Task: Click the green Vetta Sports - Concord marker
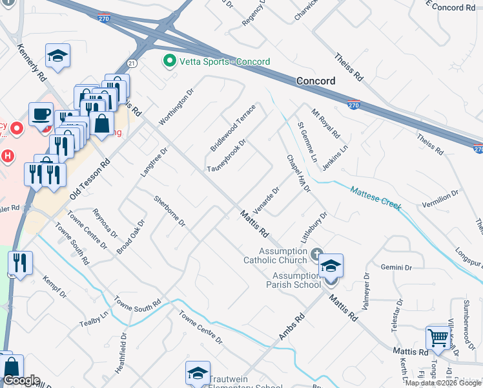170,61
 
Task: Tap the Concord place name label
316,81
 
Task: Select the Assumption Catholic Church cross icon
316,253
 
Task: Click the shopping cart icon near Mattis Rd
438,337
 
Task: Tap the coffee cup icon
41,113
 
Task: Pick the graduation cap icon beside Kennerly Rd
58,56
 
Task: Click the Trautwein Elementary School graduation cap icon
198,372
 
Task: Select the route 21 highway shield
132,63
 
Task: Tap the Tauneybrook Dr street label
227,155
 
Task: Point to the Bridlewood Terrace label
233,127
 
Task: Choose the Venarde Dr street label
266,200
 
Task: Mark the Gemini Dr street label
396,267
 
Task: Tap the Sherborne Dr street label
169,211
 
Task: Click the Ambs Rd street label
291,327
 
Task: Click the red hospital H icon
7,156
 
